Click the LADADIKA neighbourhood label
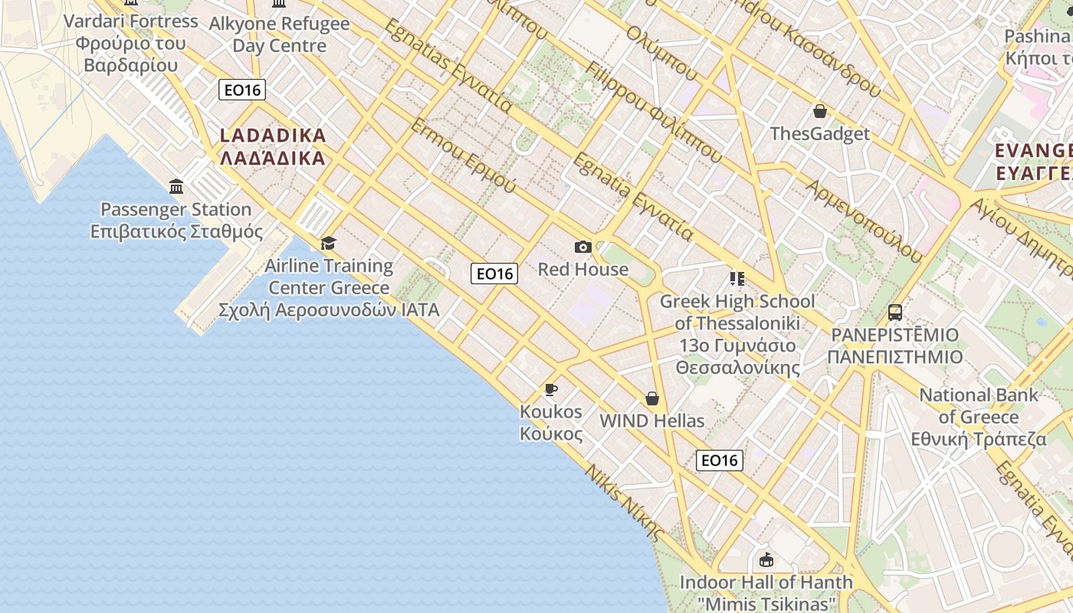273,147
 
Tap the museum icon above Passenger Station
177,186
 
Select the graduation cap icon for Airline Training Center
328,243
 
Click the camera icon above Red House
583,247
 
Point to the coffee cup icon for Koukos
550,390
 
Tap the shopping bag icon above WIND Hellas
652,398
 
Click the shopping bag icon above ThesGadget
820,112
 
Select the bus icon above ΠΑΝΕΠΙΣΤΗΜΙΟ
894,313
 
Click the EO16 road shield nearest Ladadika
242,90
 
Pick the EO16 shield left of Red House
494,274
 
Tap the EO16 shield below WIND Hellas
720,460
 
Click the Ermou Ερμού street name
463,155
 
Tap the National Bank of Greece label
979,417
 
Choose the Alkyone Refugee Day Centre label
280,34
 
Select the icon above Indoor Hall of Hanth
765,559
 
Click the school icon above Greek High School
737,279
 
